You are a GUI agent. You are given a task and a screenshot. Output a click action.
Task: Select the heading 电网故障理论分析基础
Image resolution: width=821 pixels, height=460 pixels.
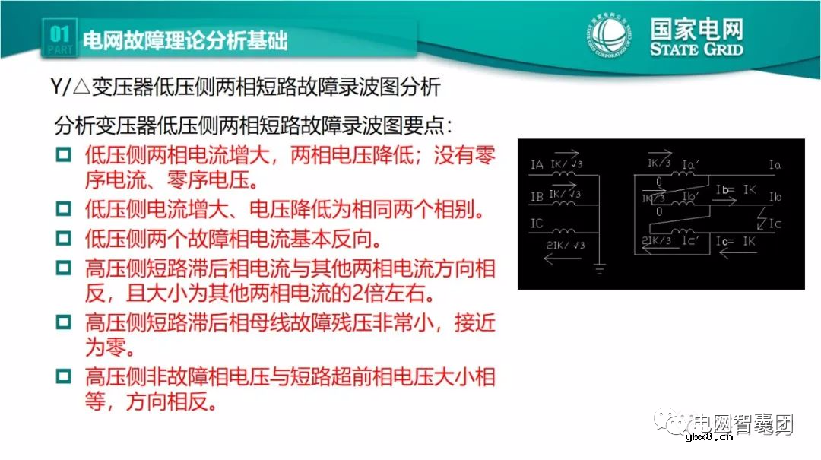pos(184,40)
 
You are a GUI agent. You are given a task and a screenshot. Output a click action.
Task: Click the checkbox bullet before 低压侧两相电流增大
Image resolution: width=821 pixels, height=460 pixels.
pos(63,156)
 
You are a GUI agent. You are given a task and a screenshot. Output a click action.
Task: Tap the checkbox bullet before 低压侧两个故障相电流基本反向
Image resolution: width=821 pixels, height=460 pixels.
pos(63,240)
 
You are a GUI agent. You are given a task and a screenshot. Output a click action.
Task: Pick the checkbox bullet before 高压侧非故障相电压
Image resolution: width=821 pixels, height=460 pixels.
pos(63,377)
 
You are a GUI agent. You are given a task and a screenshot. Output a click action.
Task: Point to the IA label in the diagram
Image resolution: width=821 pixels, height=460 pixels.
pos(536,164)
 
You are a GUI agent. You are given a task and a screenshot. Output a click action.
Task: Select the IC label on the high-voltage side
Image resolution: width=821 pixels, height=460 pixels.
pos(536,224)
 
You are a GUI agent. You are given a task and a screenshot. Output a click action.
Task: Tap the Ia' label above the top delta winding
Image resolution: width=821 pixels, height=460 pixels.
pos(690,164)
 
